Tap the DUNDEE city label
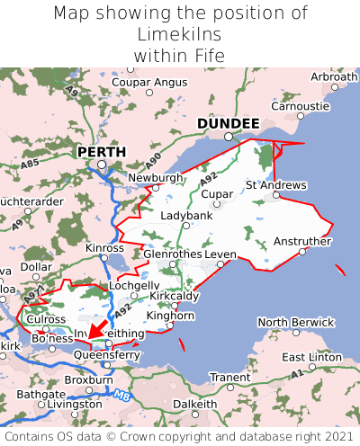tap(228, 123)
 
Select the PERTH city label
tap(101, 152)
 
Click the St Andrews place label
tap(275, 185)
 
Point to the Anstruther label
tap(302, 241)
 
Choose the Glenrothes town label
tap(172, 254)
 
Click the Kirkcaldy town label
tap(174, 296)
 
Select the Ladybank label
tap(186, 216)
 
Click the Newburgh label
tap(156, 178)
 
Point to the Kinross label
tap(104, 247)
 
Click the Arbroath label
tap(333, 77)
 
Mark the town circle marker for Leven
tap(220, 264)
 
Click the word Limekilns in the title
tap(180, 34)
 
